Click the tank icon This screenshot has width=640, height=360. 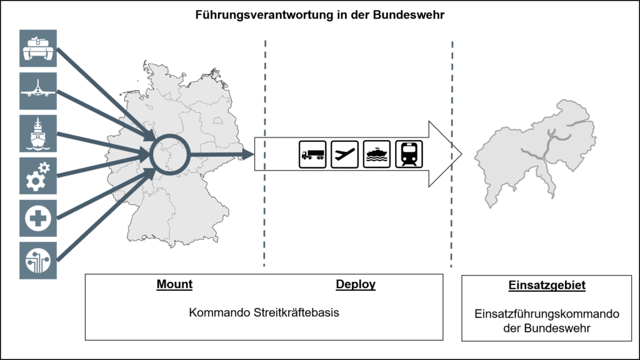[x=38, y=48]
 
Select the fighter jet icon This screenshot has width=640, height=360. [x=38, y=91]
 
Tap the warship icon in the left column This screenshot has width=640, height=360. [x=38, y=134]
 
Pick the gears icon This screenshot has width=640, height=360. [x=38, y=176]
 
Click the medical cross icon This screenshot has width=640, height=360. [x=38, y=218]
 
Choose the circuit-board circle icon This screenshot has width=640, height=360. [x=38, y=261]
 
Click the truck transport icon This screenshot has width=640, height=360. [x=312, y=154]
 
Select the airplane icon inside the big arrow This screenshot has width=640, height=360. [x=344, y=154]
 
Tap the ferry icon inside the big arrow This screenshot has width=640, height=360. [x=377, y=154]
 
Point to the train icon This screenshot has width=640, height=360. [x=409, y=154]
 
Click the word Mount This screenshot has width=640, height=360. [x=174, y=284]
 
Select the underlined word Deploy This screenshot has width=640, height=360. [x=356, y=284]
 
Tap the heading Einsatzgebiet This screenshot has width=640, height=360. [x=547, y=285]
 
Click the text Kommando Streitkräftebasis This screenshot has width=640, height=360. [x=264, y=312]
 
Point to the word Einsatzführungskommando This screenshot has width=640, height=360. [x=547, y=314]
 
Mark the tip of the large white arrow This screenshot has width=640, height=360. [x=462, y=154]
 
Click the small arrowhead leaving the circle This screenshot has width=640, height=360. [x=248, y=154]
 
